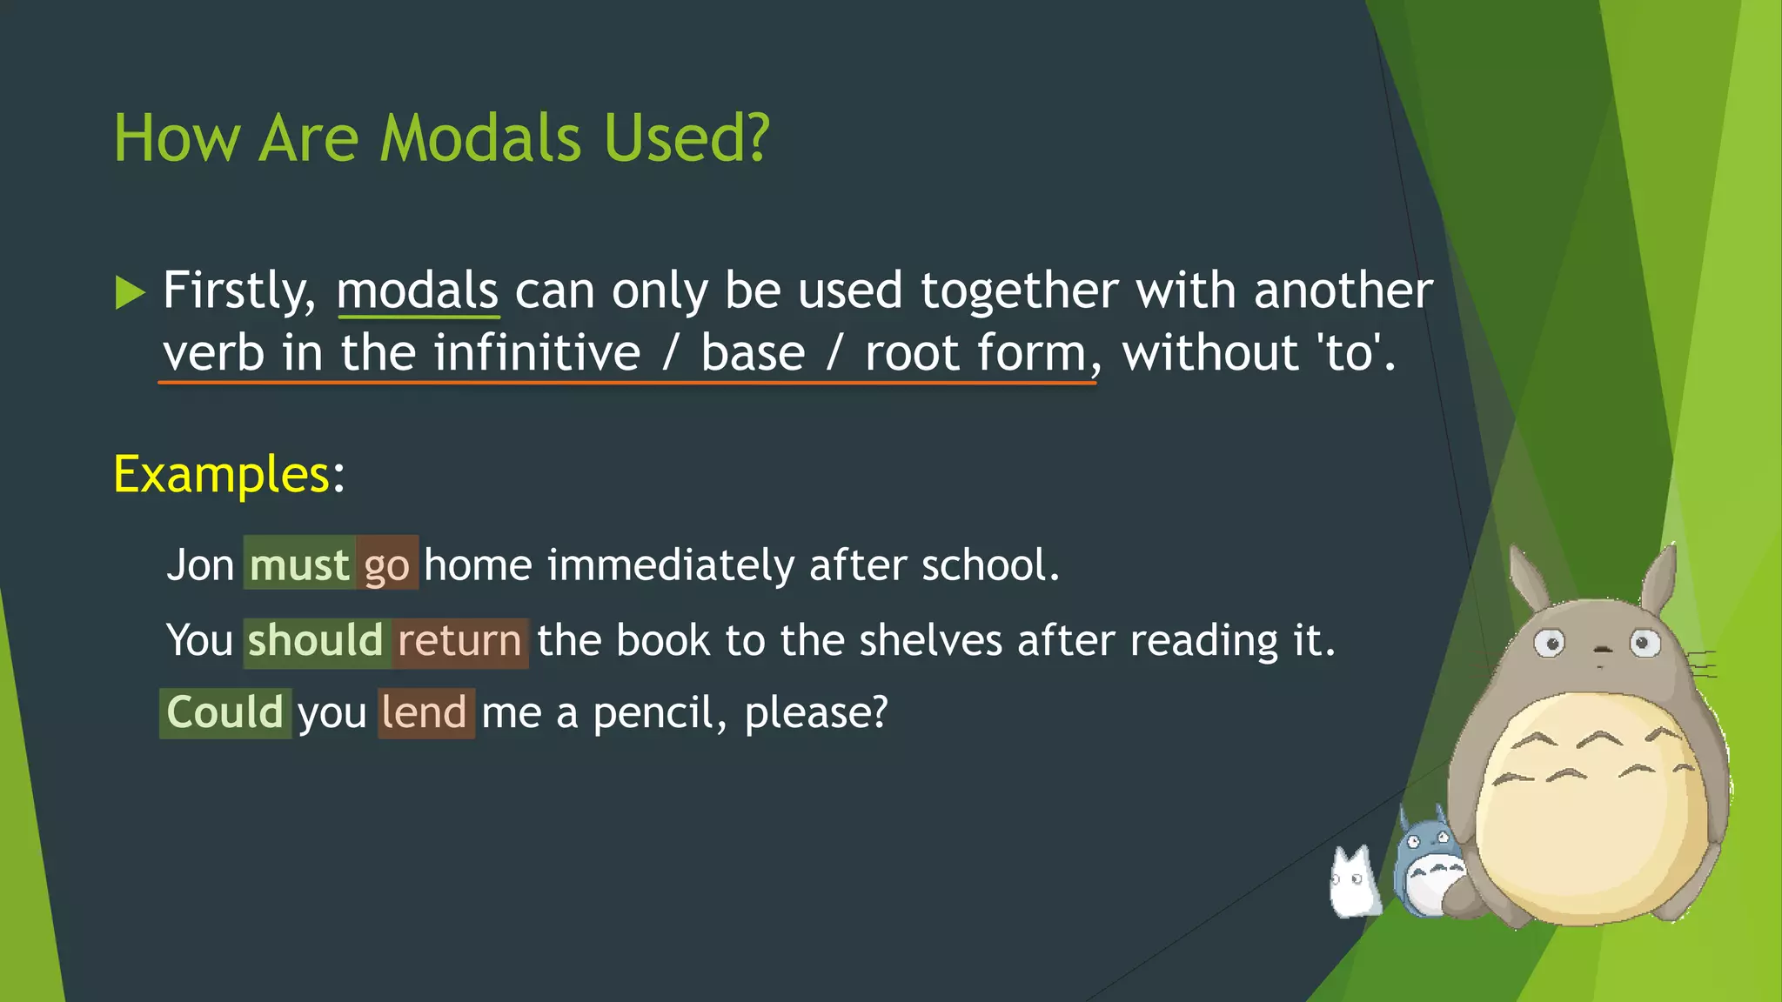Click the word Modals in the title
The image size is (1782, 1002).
480,138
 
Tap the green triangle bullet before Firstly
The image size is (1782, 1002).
130,292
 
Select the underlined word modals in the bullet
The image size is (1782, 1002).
417,291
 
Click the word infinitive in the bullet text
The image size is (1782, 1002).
537,353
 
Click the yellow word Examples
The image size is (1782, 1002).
221,475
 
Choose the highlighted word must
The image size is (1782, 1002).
299,564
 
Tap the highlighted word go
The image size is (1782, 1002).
386,565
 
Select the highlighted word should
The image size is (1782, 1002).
315,641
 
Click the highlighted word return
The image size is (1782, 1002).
459,641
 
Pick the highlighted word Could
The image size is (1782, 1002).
224,712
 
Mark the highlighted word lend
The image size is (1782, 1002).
425,712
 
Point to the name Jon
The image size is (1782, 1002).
200,565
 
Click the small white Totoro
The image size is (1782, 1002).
1352,882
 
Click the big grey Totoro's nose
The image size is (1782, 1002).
1599,649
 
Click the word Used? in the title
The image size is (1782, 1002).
687,138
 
